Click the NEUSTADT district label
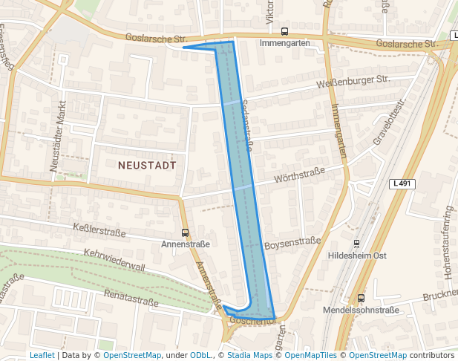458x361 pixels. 148,166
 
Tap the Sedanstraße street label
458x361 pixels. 246,127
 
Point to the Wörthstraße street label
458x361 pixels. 300,175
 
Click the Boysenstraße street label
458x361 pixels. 292,242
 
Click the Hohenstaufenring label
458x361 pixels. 448,242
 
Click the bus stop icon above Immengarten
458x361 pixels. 285,31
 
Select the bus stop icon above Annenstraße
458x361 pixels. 185,232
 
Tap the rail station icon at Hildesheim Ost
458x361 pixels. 357,244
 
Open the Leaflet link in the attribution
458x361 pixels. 42,355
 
